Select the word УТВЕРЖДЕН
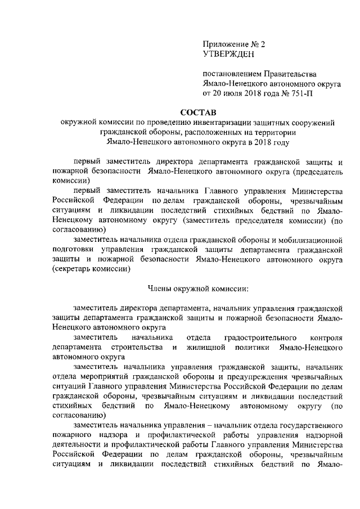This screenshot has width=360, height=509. click(x=228, y=54)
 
